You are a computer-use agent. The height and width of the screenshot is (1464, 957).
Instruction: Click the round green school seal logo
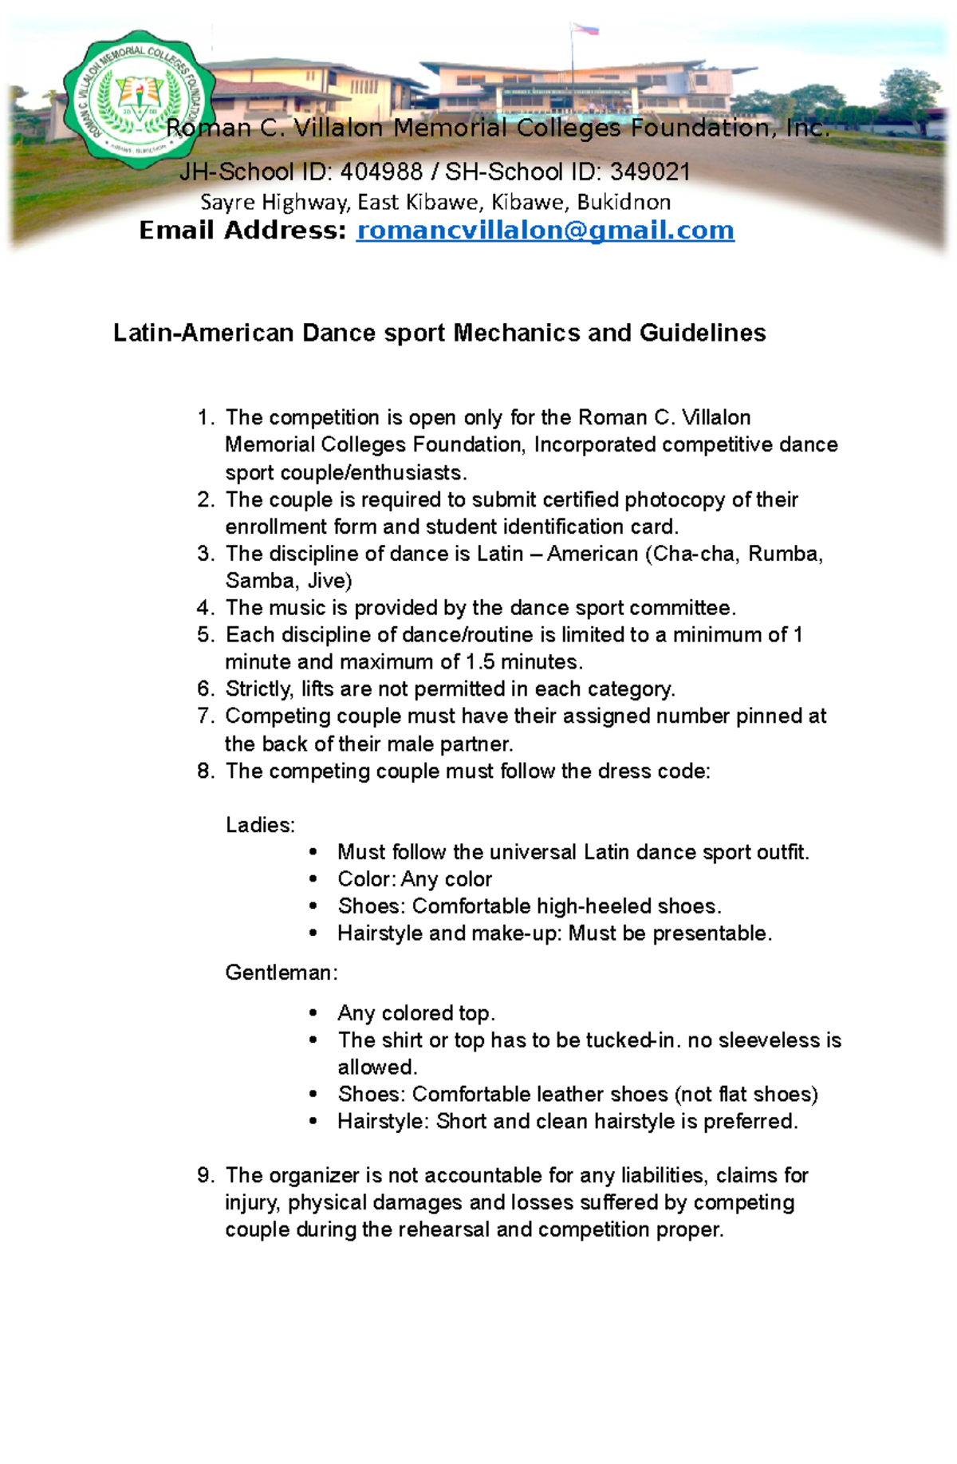click(140, 100)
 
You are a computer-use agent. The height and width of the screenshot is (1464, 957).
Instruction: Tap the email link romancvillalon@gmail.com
click(545, 231)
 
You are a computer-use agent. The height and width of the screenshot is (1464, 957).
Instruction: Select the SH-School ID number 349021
click(650, 172)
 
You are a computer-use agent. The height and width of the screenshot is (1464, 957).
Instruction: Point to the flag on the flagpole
click(586, 30)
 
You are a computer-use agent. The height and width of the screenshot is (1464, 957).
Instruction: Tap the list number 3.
click(205, 554)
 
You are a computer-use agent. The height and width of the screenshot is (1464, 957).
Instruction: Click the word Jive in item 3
click(329, 581)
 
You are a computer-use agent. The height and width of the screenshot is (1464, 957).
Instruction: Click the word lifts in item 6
click(317, 689)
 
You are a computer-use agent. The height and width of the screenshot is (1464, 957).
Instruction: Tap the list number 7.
click(205, 716)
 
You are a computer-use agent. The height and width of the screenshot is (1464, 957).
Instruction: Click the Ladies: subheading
click(260, 825)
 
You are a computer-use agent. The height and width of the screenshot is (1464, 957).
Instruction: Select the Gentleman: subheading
click(281, 973)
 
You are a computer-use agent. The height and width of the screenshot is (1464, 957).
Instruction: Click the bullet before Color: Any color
click(313, 880)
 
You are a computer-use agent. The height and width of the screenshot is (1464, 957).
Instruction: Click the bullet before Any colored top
click(313, 1014)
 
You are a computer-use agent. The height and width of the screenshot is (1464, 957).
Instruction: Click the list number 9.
click(205, 1175)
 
